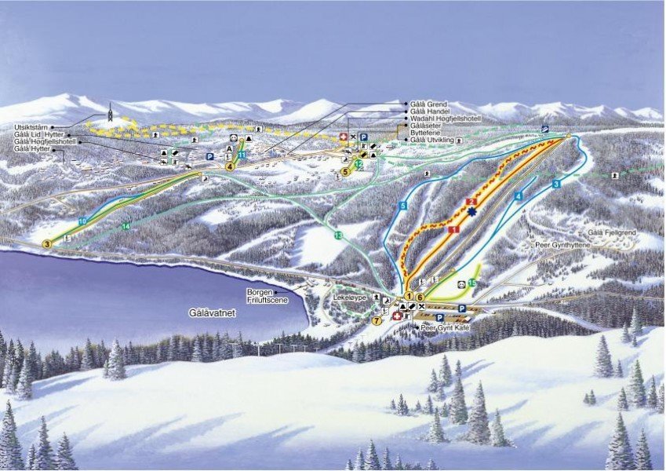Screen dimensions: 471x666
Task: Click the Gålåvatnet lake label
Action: pos(213,312)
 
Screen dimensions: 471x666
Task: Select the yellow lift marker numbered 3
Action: pos(46,244)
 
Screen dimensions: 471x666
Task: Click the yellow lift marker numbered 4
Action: pos(230,166)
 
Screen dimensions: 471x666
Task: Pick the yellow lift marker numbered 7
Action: pos(377,320)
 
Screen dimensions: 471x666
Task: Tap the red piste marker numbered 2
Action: pos(471,202)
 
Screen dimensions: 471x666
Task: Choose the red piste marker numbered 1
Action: pos(453,229)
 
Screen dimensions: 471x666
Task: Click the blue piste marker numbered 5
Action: pos(402,206)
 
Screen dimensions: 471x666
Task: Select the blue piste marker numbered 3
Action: pos(555,184)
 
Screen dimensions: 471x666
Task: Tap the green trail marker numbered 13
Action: pos(338,235)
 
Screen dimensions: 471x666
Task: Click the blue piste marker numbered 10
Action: pos(82,222)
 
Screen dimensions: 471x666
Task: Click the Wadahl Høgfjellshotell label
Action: pos(445,119)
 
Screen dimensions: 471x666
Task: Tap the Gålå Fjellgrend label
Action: pos(612,234)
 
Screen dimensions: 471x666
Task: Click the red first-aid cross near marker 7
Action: pos(397,316)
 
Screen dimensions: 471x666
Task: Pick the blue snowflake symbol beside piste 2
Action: pos(471,213)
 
